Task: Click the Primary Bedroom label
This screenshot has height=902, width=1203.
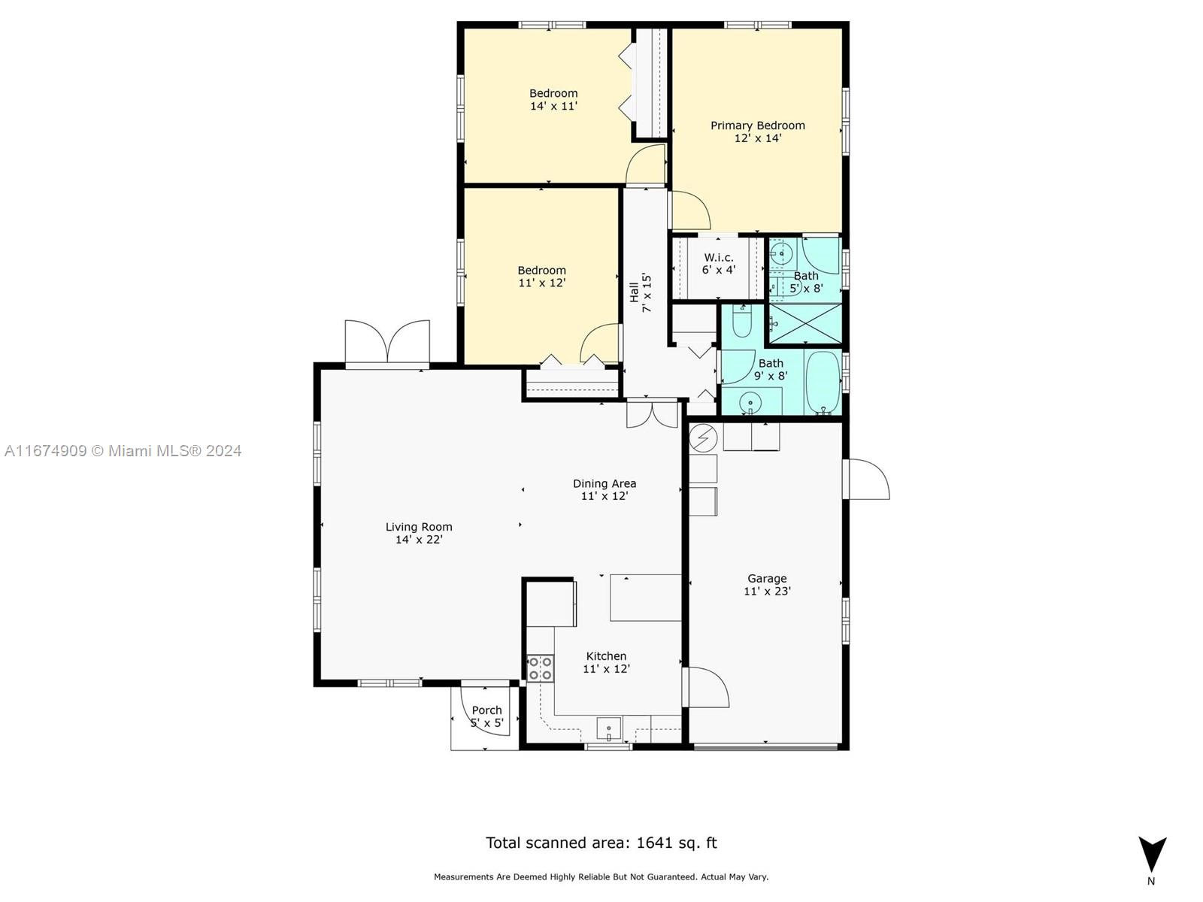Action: (x=757, y=126)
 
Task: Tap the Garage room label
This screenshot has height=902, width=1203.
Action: (x=767, y=578)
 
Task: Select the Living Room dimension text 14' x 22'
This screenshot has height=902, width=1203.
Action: (x=419, y=540)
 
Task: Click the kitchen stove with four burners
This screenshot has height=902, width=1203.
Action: (x=540, y=669)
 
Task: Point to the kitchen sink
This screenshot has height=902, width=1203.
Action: (x=609, y=728)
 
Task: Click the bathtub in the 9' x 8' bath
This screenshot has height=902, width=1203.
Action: (x=823, y=383)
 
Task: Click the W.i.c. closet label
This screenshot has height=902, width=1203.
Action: (x=719, y=257)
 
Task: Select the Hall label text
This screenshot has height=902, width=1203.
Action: (x=634, y=292)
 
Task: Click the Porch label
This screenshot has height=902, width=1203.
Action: (x=486, y=710)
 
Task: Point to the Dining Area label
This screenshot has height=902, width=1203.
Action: (x=605, y=483)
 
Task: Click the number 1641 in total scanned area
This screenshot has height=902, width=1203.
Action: (x=654, y=843)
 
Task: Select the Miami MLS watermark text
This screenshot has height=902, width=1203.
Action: (x=123, y=451)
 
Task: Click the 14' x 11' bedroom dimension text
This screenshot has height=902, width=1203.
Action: (x=553, y=106)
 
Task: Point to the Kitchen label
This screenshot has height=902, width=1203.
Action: (x=606, y=656)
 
